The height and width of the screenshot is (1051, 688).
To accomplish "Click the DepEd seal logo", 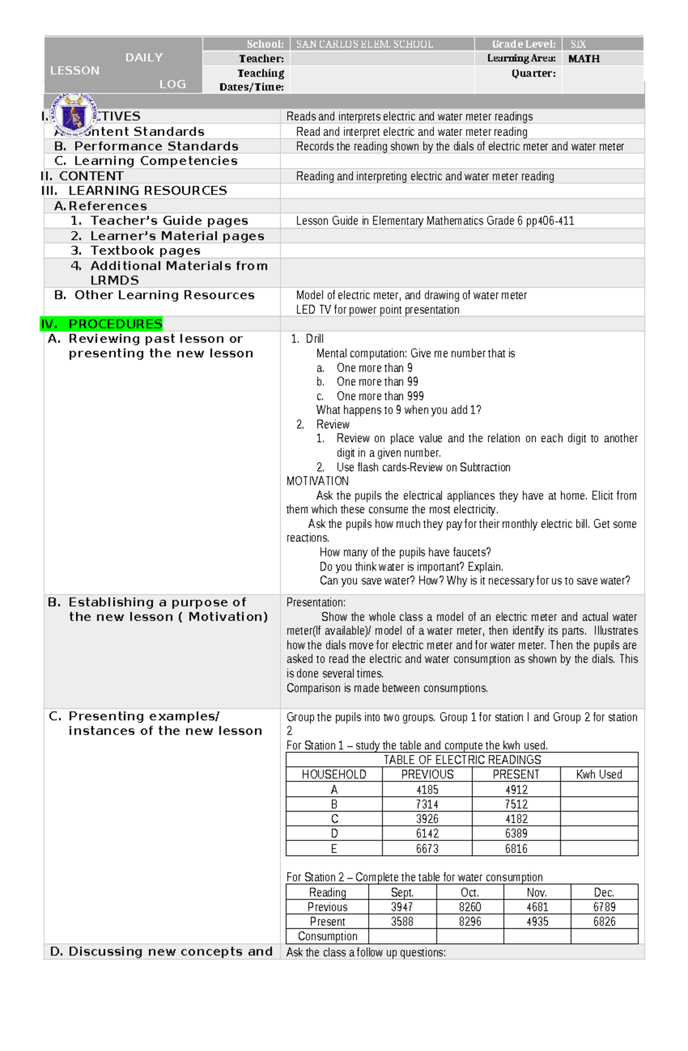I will tap(74, 115).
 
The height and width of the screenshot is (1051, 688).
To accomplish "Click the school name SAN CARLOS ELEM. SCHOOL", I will tap(364, 44).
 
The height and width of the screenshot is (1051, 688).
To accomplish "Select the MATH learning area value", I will tap(584, 58).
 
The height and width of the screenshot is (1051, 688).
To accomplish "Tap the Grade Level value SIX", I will tap(578, 44).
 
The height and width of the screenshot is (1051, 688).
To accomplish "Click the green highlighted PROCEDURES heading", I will tap(102, 324).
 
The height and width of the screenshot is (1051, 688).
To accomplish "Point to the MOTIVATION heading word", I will tap(317, 481).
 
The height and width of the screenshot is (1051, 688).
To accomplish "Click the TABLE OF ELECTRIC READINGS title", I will tap(462, 759).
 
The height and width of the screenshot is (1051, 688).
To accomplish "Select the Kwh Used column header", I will tap(599, 774).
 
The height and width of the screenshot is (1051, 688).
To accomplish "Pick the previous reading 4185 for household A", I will tap(427, 789).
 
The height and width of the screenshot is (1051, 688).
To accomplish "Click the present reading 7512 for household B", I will tap(516, 804).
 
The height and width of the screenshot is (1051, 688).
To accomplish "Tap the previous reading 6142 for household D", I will tap(427, 833).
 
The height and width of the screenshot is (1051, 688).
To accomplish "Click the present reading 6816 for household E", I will tap(516, 848).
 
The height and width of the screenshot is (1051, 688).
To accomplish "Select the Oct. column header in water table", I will tap(470, 892).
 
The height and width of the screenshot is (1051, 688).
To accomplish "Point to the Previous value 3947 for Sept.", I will tap(402, 907).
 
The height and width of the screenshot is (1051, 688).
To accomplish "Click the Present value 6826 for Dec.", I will tap(604, 922).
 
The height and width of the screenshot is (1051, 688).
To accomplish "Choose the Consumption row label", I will tap(327, 936).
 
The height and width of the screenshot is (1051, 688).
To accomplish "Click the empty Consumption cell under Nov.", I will tap(537, 936).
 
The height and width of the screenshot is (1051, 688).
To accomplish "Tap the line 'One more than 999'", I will tap(380, 396).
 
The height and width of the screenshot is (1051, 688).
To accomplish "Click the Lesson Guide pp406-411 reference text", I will tap(435, 221).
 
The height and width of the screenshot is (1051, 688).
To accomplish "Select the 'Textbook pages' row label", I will tap(145, 250).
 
